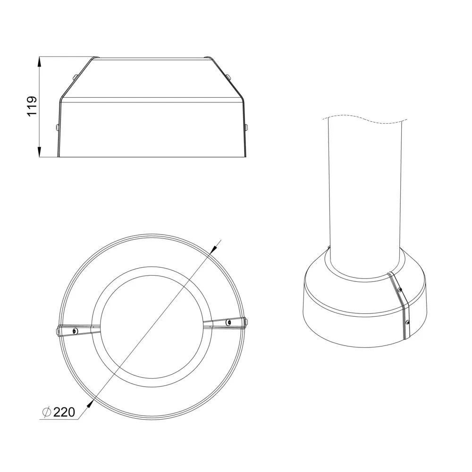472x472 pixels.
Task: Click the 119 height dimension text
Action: click(x=32, y=106)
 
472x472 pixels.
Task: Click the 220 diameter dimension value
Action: click(x=64, y=412)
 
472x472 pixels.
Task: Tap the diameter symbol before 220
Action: click(x=47, y=412)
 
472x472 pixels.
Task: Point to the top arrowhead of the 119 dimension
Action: click(x=39, y=62)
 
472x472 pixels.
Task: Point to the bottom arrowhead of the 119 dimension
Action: click(x=39, y=151)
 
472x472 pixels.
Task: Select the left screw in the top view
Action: click(x=75, y=331)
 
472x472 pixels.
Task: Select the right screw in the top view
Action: click(x=228, y=322)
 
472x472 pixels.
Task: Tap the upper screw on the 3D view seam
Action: click(x=400, y=290)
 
